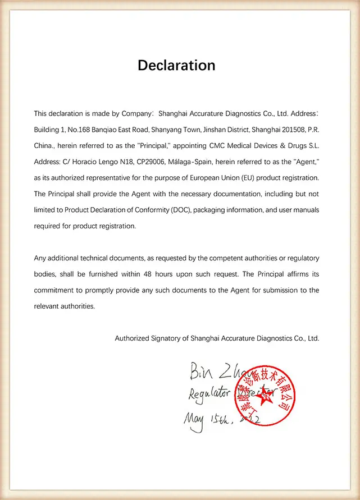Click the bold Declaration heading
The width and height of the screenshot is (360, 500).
[176, 65]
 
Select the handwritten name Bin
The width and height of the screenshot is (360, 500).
[200, 371]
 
